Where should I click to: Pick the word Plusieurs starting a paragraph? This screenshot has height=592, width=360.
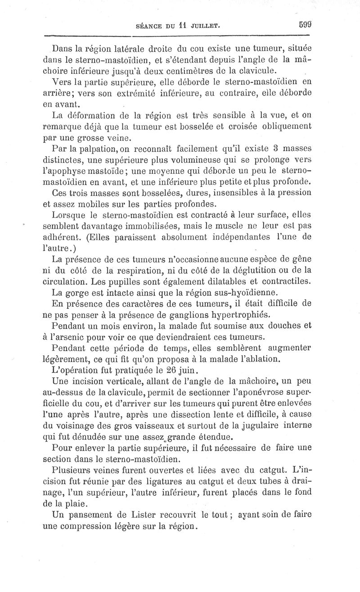(73, 470)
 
